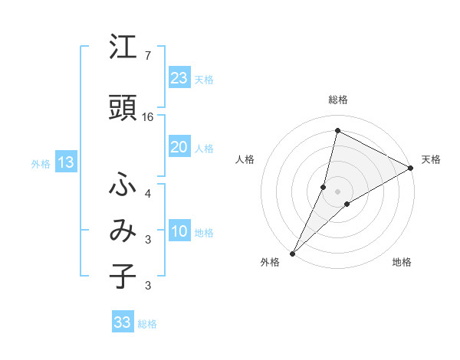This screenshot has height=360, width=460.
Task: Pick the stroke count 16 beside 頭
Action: tap(148, 117)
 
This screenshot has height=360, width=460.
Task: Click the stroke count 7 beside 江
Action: tap(147, 56)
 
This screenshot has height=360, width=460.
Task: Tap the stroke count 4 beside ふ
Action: tap(148, 194)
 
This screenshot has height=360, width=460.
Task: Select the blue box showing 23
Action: tap(179, 77)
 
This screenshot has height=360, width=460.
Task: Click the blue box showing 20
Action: tap(179, 147)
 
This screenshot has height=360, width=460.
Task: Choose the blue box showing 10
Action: tap(179, 231)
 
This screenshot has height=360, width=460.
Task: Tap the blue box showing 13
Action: tap(65, 162)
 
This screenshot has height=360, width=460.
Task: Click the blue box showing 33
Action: tap(123, 322)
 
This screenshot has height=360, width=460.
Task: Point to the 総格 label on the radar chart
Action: tap(337, 100)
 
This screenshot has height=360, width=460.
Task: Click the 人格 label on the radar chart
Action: tap(245, 159)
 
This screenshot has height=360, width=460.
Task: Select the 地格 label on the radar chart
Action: tap(402, 263)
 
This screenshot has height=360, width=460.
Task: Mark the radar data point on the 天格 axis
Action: tap(411, 168)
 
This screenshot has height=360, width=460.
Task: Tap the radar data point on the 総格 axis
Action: tap(337, 130)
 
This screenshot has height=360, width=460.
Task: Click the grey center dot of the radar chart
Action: tap(337, 191)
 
